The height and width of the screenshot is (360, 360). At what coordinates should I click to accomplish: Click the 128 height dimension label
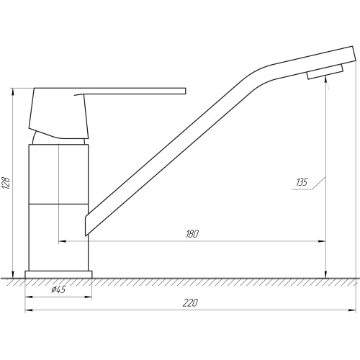click(6, 183)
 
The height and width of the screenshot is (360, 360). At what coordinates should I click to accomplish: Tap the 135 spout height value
click(302, 182)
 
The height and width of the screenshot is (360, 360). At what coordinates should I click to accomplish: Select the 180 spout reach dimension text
click(192, 234)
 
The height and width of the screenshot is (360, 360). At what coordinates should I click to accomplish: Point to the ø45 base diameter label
click(58, 289)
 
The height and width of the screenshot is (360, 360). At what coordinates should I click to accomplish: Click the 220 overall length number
click(190, 303)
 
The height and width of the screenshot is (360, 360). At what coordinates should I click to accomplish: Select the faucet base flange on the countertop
click(58, 274)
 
